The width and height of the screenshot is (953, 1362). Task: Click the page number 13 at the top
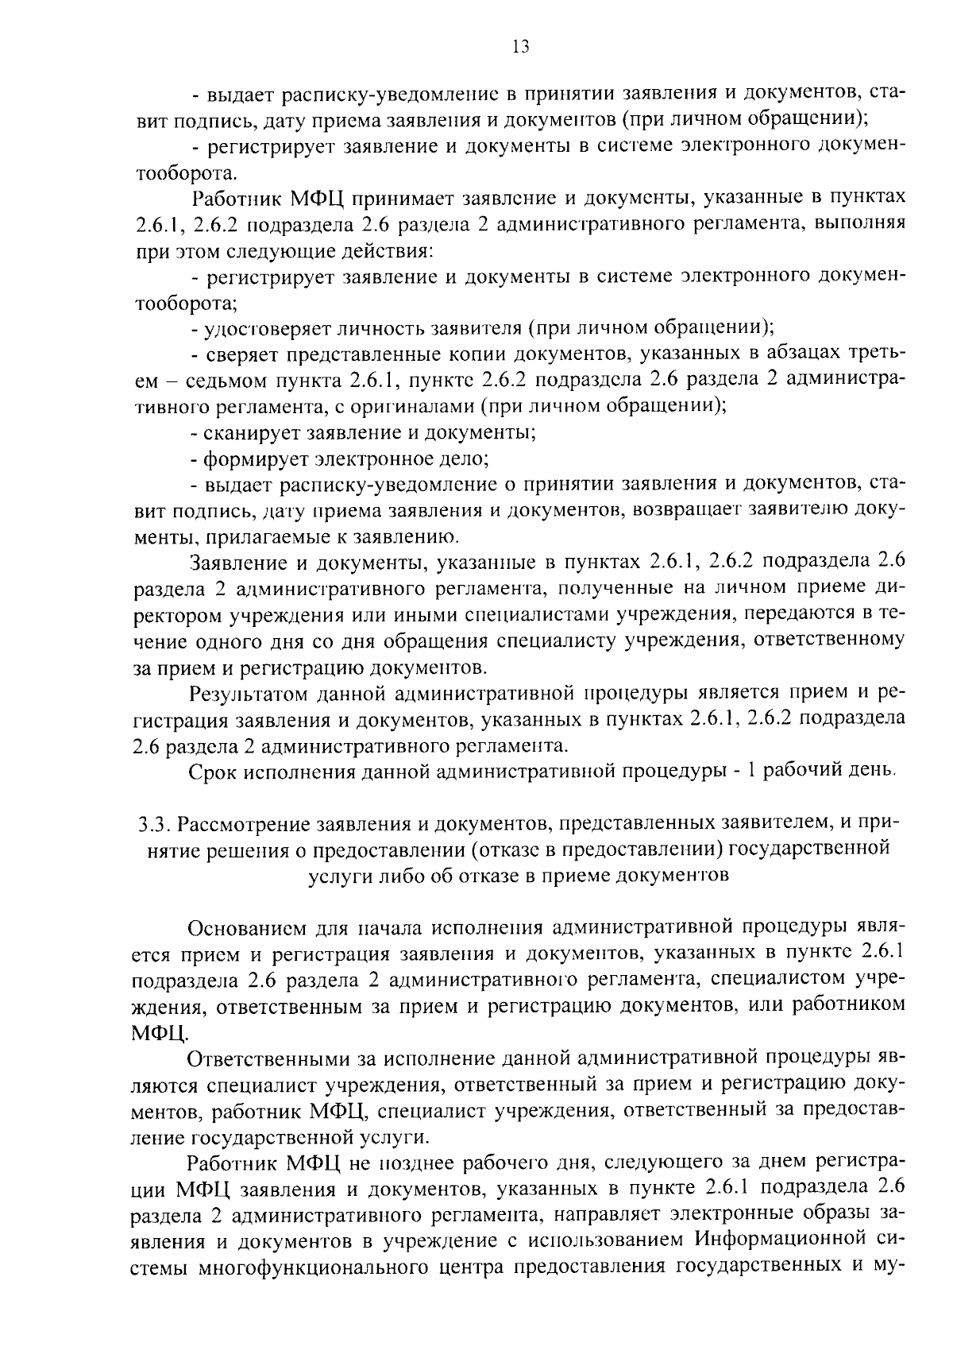(x=521, y=47)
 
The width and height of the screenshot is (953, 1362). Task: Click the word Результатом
(x=251, y=694)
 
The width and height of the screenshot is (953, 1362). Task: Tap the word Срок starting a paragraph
(x=212, y=772)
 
